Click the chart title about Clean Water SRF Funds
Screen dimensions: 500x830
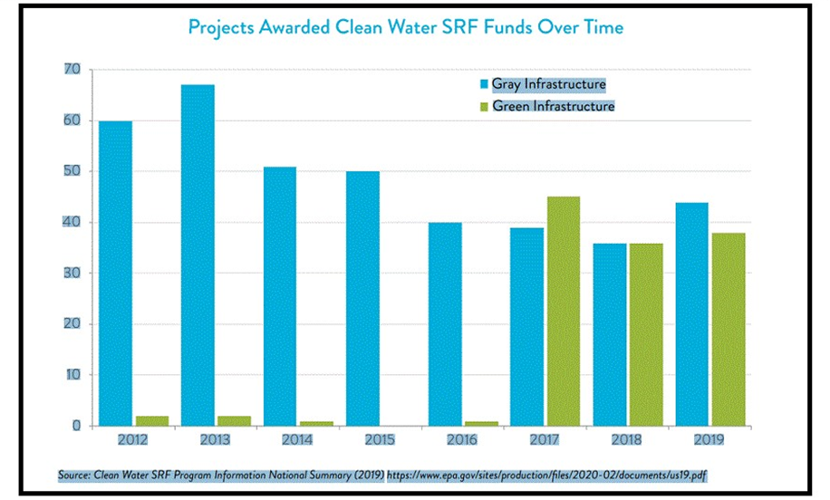click(405, 27)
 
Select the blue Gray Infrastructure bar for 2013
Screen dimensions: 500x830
click(198, 255)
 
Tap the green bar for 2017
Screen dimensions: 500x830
click(563, 311)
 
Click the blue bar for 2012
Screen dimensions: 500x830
click(115, 273)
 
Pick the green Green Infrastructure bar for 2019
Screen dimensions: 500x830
click(728, 329)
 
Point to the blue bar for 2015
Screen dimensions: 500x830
click(362, 298)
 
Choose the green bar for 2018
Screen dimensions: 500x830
click(645, 334)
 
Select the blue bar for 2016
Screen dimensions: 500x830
click(445, 323)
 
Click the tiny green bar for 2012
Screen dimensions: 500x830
click(152, 420)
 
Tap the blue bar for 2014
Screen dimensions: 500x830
click(280, 295)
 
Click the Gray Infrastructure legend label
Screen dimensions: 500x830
click(548, 84)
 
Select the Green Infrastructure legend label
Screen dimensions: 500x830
click(553, 106)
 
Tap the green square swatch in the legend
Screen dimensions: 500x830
click(484, 107)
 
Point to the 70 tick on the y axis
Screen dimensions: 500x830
click(72, 70)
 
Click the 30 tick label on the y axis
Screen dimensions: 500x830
click(72, 273)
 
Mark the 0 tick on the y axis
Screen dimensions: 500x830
click(76, 426)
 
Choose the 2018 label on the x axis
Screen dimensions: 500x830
click(626, 439)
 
